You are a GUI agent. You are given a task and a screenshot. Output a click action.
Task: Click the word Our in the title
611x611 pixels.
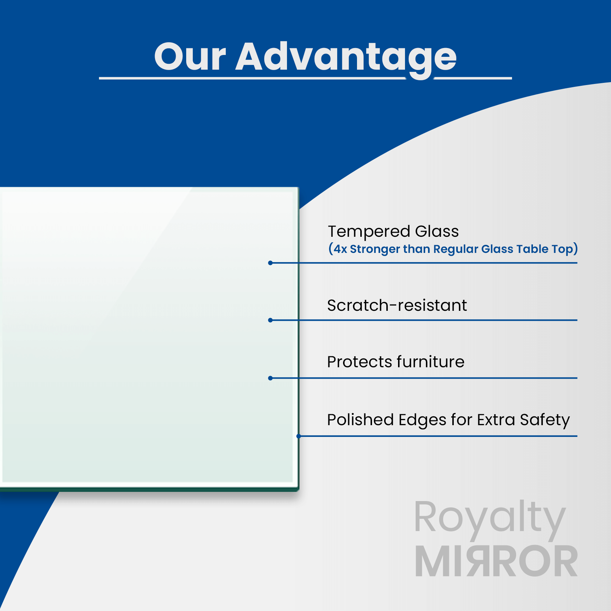click(190, 57)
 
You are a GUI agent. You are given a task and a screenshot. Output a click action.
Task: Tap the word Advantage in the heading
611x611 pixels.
click(346, 57)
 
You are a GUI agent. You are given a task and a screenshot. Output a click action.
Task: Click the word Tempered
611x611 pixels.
click(369, 232)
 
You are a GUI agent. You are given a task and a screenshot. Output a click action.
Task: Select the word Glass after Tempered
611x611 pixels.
click(437, 232)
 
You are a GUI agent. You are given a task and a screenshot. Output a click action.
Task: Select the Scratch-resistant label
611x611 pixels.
click(397, 305)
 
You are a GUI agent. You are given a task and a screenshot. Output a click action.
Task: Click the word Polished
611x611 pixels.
click(360, 420)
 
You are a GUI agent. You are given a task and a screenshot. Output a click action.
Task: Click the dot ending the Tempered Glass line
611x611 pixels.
click(270, 263)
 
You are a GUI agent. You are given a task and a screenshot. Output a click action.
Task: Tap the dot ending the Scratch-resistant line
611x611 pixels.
click(270, 320)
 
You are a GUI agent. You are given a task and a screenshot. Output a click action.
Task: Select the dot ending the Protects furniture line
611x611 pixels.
click(270, 378)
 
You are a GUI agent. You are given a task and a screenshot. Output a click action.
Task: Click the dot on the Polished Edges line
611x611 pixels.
click(299, 436)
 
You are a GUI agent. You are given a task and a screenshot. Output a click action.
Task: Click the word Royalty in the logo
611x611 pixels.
click(490, 518)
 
